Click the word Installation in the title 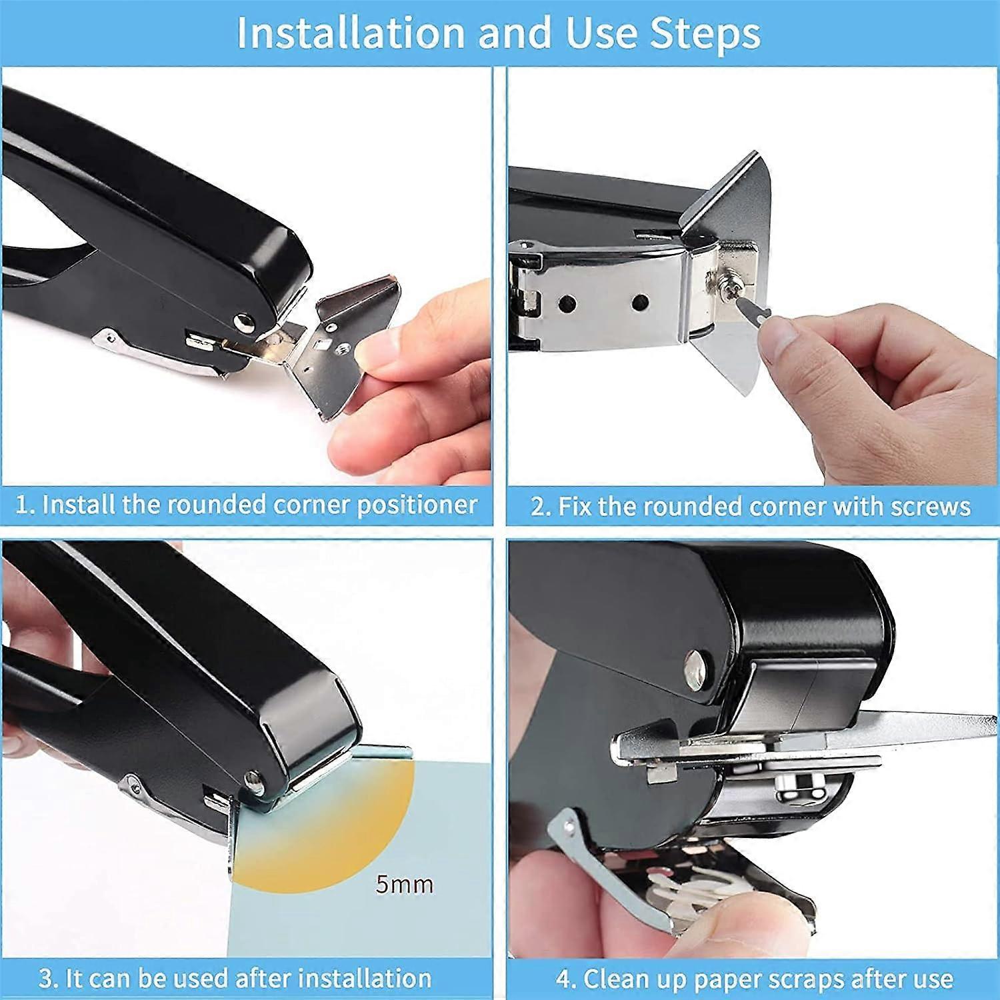click(350, 33)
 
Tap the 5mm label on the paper click(404, 885)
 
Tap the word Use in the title click(603, 33)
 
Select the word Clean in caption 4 click(614, 979)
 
